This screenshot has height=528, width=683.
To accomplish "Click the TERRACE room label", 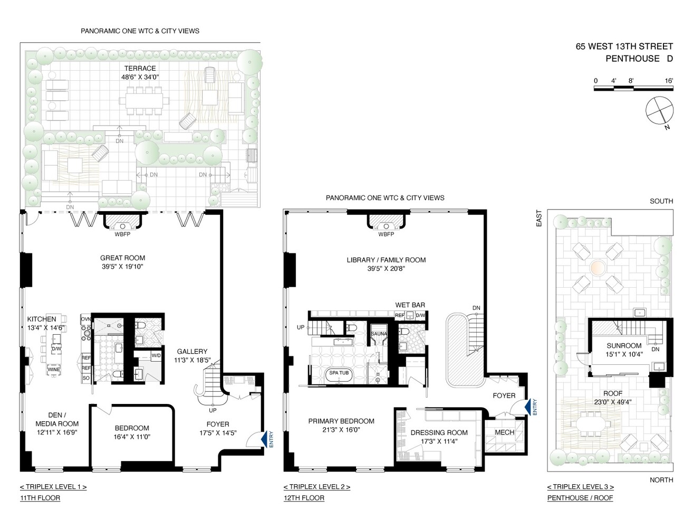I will [x=140, y=68].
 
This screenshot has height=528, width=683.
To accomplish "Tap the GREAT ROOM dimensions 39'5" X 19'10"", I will [x=122, y=267].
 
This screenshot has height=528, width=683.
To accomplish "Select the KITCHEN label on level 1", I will [x=42, y=319].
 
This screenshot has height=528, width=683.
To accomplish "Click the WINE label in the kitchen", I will [x=54, y=370].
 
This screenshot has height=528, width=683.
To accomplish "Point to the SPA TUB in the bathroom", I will [x=339, y=373].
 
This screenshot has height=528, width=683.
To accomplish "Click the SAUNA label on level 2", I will [x=379, y=334].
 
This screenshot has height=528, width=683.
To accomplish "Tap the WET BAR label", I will [x=410, y=305].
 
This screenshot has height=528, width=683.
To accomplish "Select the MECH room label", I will [x=504, y=432].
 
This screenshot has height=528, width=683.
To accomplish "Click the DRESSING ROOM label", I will [x=439, y=432].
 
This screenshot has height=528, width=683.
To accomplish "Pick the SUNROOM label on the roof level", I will [x=624, y=346].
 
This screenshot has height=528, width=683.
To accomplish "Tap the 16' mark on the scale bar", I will [x=669, y=81].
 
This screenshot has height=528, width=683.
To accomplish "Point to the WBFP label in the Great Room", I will [x=122, y=234].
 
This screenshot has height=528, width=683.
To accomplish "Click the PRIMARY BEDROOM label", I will [x=341, y=421].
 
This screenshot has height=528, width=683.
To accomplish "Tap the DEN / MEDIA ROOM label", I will [x=57, y=419].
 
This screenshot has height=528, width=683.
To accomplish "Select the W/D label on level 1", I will [x=156, y=355].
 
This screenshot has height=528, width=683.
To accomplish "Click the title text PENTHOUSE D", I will [x=639, y=59].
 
